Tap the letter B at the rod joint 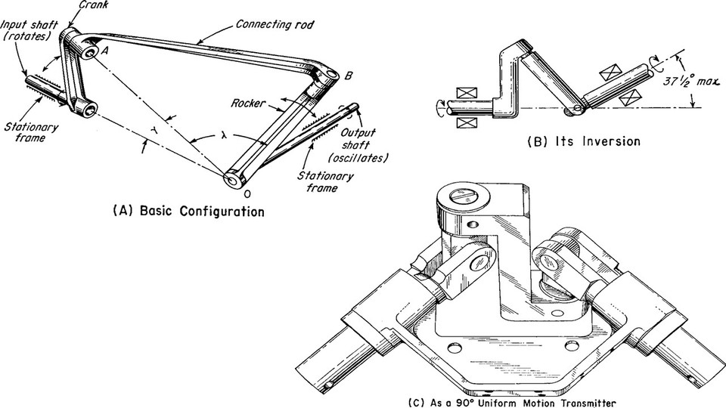point(349,76)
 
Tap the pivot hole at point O point(231,180)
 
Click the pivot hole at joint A point(89,53)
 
